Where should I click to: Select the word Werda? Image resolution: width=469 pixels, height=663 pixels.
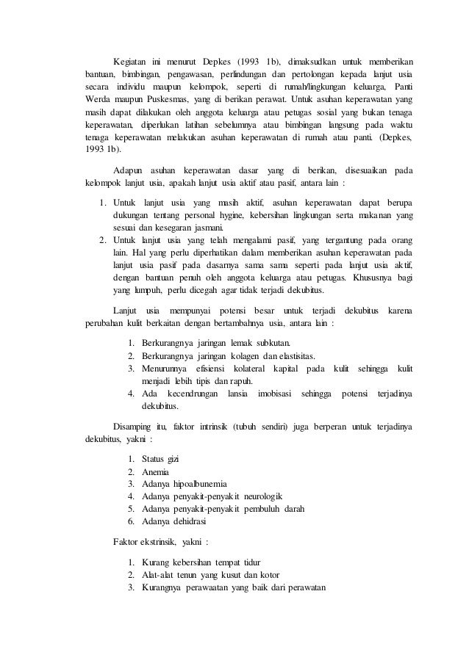[x=97, y=99]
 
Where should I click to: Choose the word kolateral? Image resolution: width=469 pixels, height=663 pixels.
[x=248, y=368]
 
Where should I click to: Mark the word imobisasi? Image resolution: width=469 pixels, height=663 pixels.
[x=274, y=394]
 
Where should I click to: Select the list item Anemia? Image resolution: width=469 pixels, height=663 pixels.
[x=155, y=471]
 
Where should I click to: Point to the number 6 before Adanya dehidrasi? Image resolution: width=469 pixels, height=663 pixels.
[x=130, y=522]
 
